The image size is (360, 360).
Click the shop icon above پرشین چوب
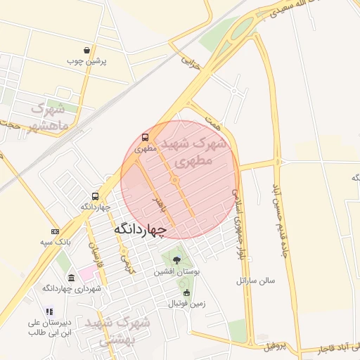pos(86,51)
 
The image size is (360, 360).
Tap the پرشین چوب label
pos(86,62)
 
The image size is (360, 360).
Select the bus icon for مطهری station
pos(146,138)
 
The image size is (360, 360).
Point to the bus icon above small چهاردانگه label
pos(96,196)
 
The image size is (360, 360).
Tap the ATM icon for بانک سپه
pos(56,231)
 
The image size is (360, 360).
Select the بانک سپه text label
pos(55,243)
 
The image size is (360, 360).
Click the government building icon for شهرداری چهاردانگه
pos(71,277)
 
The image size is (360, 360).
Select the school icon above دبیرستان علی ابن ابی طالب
pos(49,311)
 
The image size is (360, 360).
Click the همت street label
pos(214,117)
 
